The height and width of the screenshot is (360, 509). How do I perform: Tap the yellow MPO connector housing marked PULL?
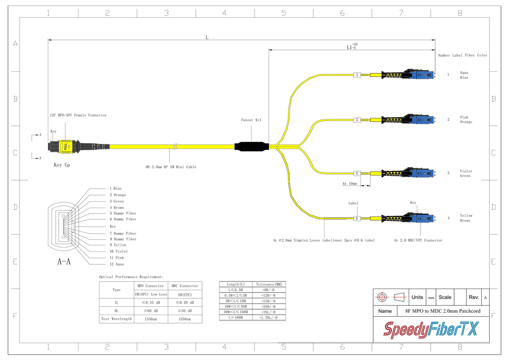(x=66, y=146)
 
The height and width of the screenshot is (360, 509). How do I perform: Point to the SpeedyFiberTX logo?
(x=431, y=329)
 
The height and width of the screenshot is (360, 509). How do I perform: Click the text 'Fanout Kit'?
(x=251, y=120)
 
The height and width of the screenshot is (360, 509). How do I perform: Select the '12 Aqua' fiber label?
(x=117, y=264)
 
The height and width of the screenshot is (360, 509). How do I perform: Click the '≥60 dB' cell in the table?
(x=150, y=311)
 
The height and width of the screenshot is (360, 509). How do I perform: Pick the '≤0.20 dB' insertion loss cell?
(x=184, y=302)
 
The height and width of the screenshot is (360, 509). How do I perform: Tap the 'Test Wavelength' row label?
(x=117, y=319)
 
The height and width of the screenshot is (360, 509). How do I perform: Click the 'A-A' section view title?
(x=64, y=262)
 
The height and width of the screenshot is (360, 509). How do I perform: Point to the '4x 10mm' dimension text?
(x=350, y=184)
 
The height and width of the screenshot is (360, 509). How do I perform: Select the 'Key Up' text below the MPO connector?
(x=62, y=165)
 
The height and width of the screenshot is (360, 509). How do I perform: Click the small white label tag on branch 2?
(x=357, y=120)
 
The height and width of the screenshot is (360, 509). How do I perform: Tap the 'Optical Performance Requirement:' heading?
(x=131, y=277)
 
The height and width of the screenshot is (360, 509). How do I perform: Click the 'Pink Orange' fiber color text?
(x=466, y=120)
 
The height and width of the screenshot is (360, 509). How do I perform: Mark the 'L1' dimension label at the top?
(x=351, y=47)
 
